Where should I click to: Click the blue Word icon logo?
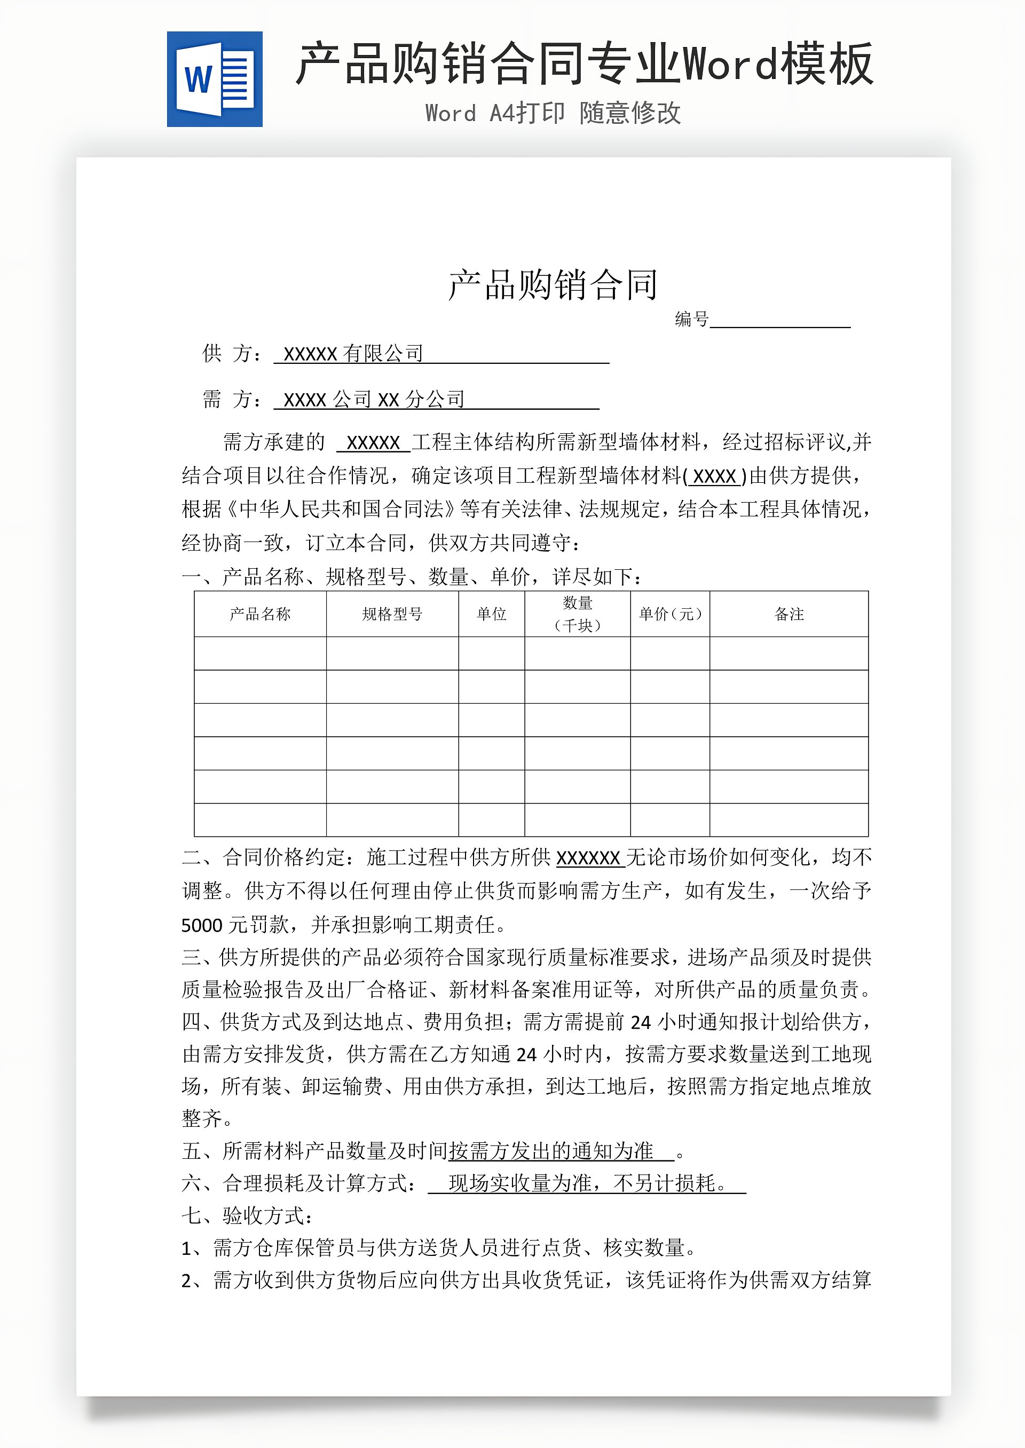(215, 79)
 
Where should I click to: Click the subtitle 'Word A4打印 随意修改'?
(553, 114)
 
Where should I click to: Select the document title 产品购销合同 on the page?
(553, 285)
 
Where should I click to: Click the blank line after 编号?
(780, 320)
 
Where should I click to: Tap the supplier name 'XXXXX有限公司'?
(353, 354)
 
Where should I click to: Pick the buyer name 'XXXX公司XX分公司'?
(374, 399)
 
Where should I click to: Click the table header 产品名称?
(260, 614)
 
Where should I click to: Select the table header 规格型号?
(392, 614)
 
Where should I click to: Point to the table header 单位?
(491, 614)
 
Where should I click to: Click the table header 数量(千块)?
(577, 614)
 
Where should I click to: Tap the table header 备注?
(789, 614)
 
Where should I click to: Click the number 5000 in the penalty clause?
(201, 925)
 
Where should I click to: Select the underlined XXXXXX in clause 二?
(588, 858)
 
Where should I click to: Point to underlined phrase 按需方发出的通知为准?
(551, 1151)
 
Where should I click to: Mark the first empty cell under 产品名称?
(260, 654)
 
